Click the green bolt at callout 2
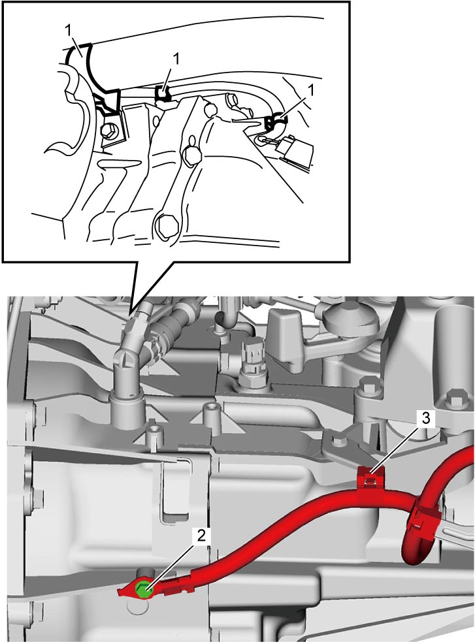point(143,590)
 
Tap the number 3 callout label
point(426,419)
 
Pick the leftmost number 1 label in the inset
point(69,30)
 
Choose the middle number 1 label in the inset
point(176,59)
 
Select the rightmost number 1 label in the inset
point(310,90)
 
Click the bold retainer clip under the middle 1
point(164,95)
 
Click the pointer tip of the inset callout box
point(130,313)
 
